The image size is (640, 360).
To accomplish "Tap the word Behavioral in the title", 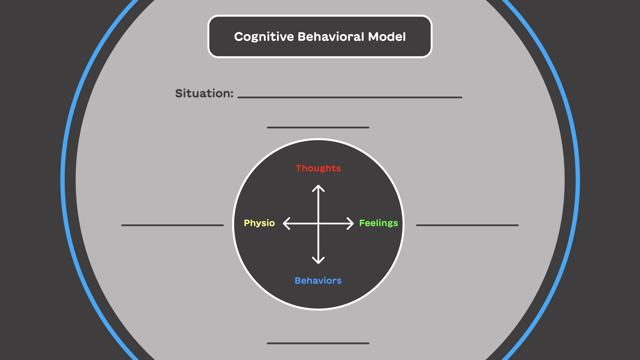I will (x=331, y=37).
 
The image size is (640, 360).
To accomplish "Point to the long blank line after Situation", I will (x=350, y=97).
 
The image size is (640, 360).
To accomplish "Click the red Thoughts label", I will (x=318, y=168).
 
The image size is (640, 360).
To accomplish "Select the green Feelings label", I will (x=378, y=223).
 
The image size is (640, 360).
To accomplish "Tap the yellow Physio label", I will (x=259, y=223).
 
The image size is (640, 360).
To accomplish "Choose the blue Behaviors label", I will (x=318, y=281).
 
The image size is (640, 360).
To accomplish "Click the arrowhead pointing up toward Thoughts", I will (x=318, y=187).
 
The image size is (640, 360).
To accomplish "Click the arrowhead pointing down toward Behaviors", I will (x=318, y=261).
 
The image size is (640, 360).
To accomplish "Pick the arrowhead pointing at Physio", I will (x=285, y=223).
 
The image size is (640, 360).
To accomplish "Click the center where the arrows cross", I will (x=318, y=223).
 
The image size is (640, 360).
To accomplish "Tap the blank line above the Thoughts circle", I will (x=318, y=127).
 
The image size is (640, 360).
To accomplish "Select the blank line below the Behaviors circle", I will (x=318, y=343).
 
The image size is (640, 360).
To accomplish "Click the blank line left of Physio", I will (x=172, y=225).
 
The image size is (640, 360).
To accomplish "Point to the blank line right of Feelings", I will (x=467, y=225).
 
